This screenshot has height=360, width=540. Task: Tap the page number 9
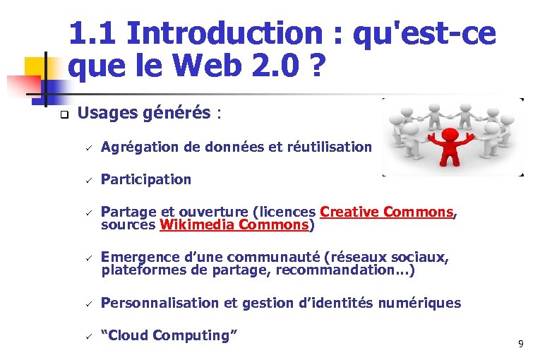tap(520, 344)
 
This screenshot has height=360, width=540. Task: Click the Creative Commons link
tap(386, 212)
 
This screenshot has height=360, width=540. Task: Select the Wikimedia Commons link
tap(234, 225)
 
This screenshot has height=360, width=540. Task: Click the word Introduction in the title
tap(224, 33)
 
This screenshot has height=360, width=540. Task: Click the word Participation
tap(146, 179)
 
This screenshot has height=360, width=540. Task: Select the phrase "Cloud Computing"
tap(169, 335)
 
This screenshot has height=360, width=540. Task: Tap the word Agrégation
tap(136, 147)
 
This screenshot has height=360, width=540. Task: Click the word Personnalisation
tap(160, 303)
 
